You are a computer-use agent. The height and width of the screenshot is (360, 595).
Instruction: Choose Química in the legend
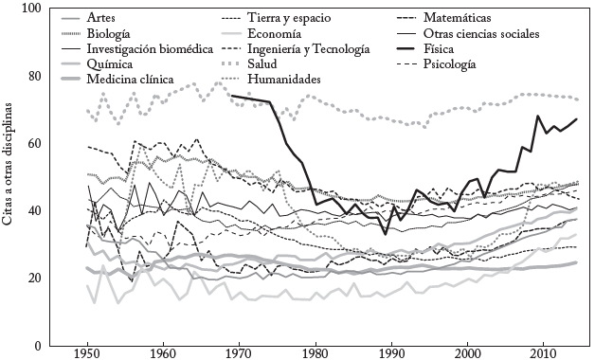click(x=109, y=63)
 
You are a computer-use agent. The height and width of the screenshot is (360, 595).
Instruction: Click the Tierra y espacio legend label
click(x=290, y=18)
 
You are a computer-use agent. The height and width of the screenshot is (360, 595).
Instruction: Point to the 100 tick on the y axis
click(x=43, y=9)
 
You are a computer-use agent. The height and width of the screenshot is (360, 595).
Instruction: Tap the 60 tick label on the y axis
click(x=45, y=143)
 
